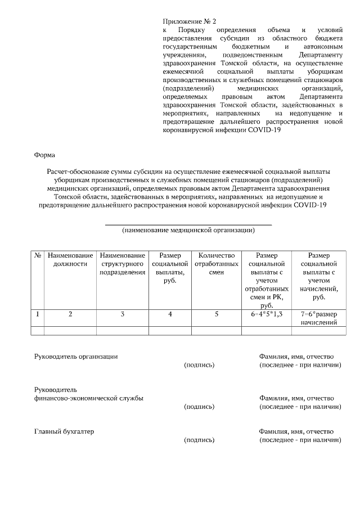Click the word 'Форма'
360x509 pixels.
[44, 154]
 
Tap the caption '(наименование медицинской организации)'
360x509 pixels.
[188, 230]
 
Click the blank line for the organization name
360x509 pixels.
[188, 224]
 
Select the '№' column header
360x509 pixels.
[38, 255]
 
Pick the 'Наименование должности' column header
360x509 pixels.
[70, 259]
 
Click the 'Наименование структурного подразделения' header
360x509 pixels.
[122, 264]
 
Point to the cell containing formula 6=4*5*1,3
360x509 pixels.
[267, 314]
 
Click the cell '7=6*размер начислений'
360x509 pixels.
[319, 318]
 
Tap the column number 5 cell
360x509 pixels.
[216, 314]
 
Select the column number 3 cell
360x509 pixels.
[122, 314]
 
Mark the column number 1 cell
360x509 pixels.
[38, 314]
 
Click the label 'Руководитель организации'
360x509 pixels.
[76, 357]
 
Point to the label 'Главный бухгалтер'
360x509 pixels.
[64, 431]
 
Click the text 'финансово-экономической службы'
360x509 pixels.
[88, 398]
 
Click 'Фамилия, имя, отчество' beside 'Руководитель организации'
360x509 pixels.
[296, 357]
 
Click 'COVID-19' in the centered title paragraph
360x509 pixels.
[310, 205]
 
